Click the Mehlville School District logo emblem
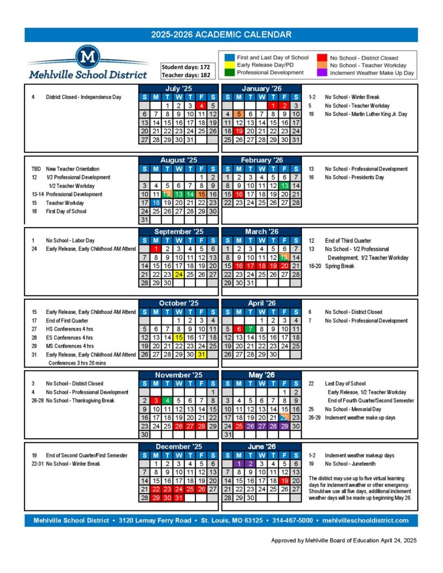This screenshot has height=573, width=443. pos(88,57)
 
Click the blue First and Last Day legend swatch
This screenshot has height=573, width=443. pos(229,58)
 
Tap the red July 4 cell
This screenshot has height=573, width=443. pos(201,105)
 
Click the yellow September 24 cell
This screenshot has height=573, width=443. pos(178,274)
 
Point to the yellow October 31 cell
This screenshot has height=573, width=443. pos(201,355)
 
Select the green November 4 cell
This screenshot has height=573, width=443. pos(167,401)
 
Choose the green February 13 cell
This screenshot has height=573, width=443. pos(285,186)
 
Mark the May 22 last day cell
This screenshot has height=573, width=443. pos(285,417)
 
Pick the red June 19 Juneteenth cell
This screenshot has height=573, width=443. pos(285,481)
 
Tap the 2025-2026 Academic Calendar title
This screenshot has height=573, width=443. pos(221,35)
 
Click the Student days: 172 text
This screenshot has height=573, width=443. pos(185,67)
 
